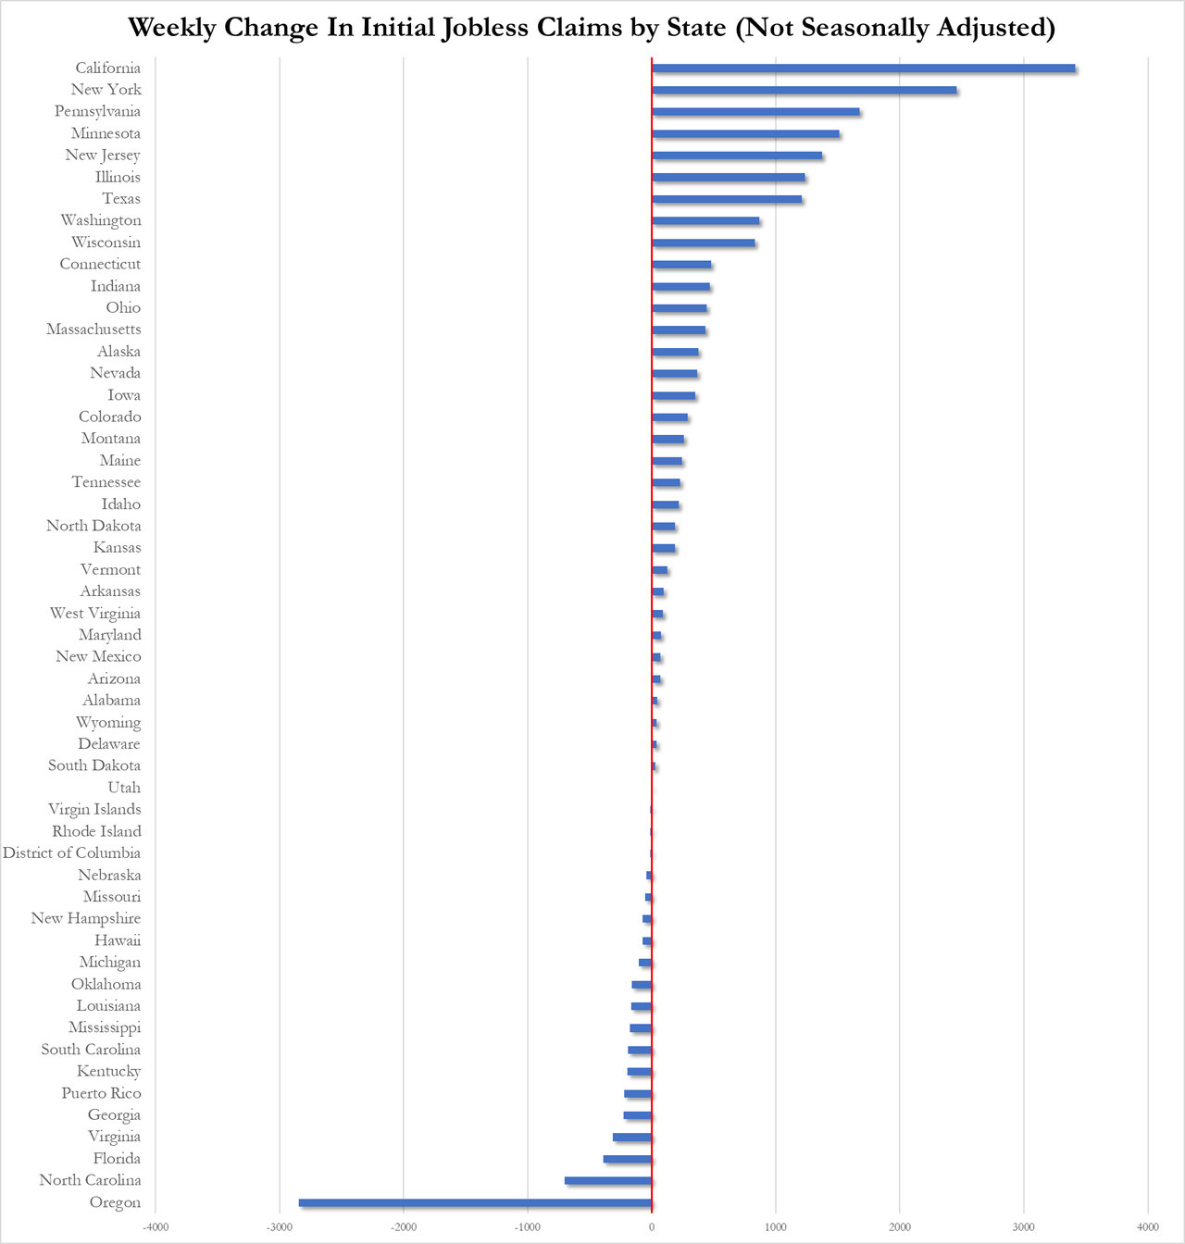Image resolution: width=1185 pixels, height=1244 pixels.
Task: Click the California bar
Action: pos(864,68)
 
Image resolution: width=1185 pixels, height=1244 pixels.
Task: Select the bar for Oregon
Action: pos(475,1203)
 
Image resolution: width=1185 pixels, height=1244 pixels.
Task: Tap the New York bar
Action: pos(805,91)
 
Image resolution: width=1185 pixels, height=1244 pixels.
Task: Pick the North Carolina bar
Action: pos(608,1181)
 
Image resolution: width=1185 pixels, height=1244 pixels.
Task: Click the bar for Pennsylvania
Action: pos(755,112)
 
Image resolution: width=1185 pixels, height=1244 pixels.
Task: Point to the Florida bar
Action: pos(628,1160)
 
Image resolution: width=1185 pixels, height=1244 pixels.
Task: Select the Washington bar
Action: pos(705,221)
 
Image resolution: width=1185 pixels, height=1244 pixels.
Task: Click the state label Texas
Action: pos(121,199)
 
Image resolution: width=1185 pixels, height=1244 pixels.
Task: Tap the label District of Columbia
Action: pos(71,853)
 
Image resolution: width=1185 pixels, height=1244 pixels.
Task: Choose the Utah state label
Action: pos(124,788)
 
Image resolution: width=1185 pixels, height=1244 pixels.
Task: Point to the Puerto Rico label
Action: pos(101,1093)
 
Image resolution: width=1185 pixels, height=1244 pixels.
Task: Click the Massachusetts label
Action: pos(94,330)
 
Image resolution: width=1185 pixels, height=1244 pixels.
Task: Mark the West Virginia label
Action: pos(95,614)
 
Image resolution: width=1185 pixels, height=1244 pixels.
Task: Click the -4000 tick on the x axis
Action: pos(156,1227)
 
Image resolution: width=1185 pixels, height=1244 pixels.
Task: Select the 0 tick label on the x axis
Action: pos(652,1227)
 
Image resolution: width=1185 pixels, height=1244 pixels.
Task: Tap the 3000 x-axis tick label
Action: pos(1023,1227)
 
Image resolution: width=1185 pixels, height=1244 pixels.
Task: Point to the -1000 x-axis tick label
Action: pos(528,1227)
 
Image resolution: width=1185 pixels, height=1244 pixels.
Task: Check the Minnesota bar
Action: pos(745,134)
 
